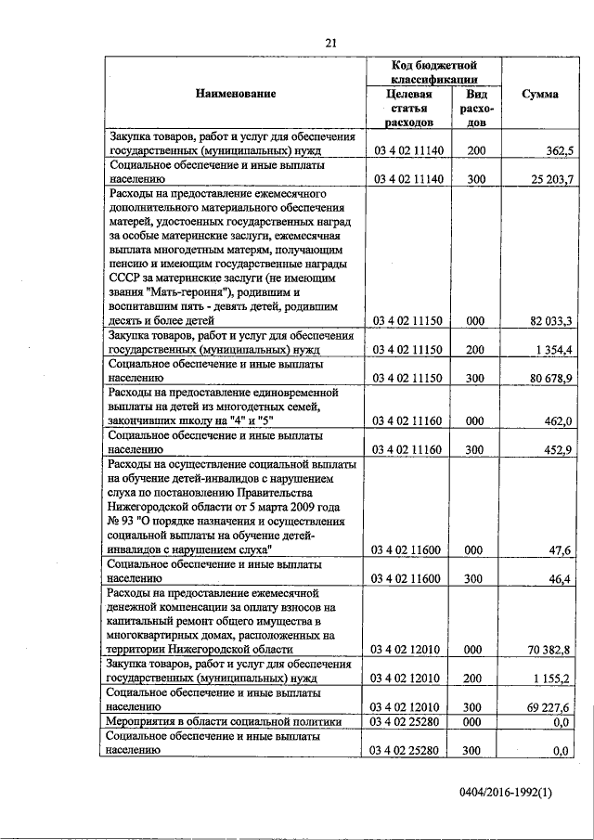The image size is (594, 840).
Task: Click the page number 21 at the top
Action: click(x=329, y=42)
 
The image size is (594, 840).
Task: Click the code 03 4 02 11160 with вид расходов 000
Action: click(x=410, y=421)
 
